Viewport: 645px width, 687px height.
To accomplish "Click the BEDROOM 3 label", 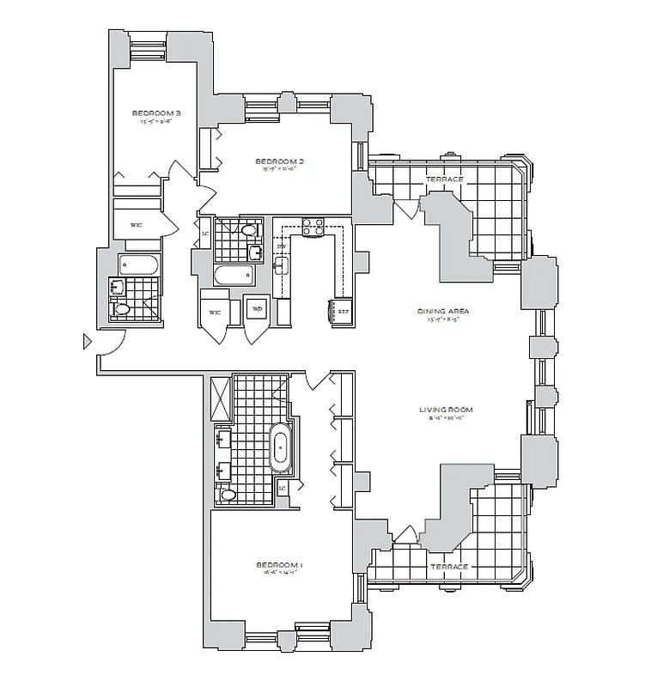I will pos(156,112).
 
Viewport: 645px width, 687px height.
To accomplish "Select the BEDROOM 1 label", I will pos(280,564).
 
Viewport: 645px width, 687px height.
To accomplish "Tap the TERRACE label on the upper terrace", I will pos(445,179).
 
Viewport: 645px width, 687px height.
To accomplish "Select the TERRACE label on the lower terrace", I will pos(449,567).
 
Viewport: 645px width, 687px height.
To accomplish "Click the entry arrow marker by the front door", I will pos(85,342).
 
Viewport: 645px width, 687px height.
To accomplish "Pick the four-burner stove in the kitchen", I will pos(313,227).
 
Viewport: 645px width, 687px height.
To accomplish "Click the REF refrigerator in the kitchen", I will pos(342,312).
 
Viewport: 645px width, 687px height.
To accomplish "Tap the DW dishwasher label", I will pos(281,247).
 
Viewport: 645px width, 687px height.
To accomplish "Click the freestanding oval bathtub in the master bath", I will pos(280,448).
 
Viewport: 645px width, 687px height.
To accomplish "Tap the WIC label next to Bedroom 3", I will pos(136,224).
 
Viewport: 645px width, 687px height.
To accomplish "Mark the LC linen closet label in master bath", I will pos(283,488).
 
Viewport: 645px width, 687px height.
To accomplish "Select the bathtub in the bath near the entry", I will pos(138,263).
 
